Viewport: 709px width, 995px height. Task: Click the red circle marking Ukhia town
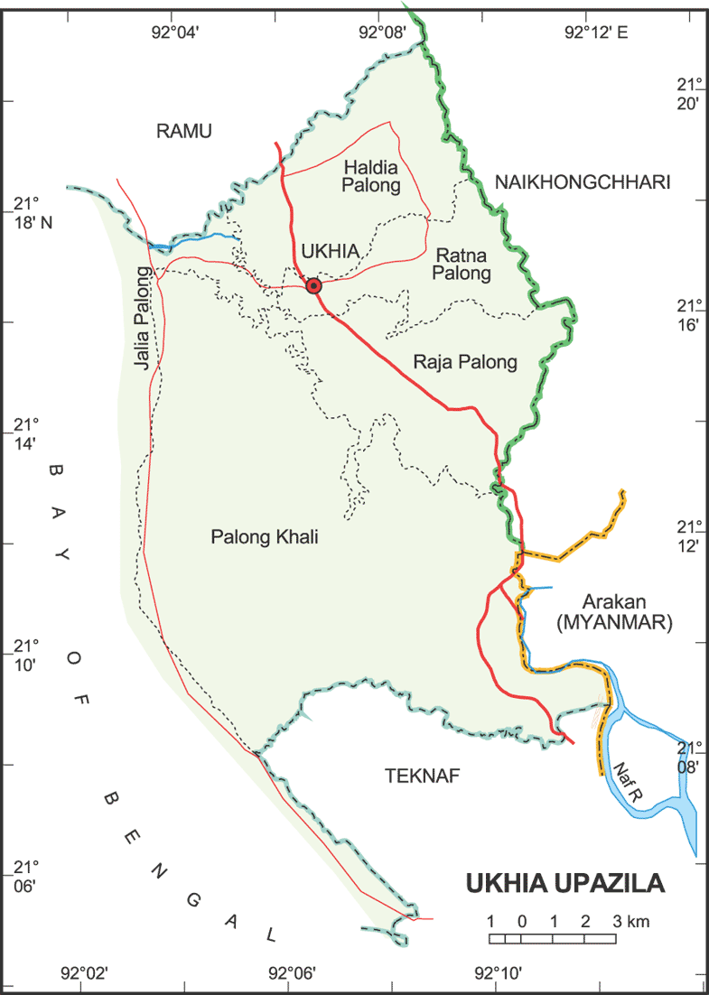tap(313, 286)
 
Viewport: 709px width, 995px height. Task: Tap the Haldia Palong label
tap(371, 177)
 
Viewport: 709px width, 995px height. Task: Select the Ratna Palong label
tap(462, 263)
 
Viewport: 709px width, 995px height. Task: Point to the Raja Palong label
tap(465, 363)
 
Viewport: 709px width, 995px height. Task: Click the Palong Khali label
tap(265, 537)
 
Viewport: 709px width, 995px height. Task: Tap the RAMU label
tap(183, 131)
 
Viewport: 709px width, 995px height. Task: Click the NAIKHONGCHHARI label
tap(583, 182)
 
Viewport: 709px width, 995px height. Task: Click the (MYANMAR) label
tap(614, 622)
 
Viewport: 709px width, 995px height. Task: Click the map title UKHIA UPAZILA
tap(565, 883)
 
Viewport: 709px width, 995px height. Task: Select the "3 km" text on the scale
tap(631, 922)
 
